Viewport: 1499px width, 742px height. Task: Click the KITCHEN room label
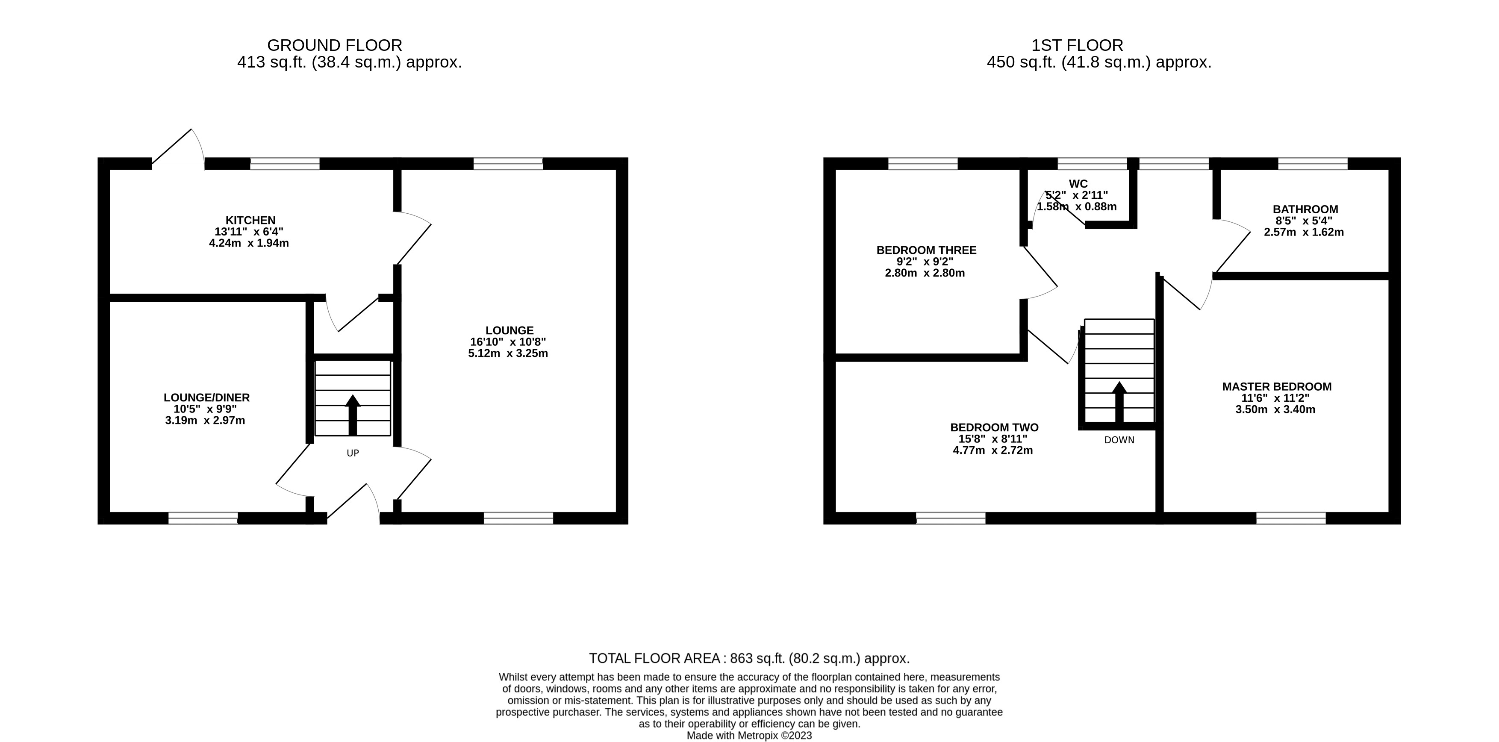click(250, 221)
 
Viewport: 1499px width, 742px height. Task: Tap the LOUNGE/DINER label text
click(206, 397)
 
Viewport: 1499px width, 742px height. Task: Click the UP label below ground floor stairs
click(353, 453)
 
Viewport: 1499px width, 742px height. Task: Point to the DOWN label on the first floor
click(1119, 440)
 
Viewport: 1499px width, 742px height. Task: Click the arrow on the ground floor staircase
click(353, 414)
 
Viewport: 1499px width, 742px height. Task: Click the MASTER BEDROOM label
click(1277, 386)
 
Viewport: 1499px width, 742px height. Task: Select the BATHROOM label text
click(1305, 209)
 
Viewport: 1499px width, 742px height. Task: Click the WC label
click(1078, 184)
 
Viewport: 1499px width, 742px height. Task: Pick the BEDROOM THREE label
click(926, 250)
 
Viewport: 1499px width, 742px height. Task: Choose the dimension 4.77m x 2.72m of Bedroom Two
click(993, 450)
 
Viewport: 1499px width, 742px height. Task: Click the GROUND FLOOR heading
click(335, 45)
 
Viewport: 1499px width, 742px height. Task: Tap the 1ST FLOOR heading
click(1077, 45)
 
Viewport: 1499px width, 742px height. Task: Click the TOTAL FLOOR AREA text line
click(749, 658)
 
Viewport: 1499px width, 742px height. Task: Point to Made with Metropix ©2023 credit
click(749, 735)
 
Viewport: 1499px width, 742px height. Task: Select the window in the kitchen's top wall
click(285, 164)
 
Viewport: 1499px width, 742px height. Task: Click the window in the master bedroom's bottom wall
click(1291, 518)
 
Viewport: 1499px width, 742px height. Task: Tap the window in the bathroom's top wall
click(1312, 164)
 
